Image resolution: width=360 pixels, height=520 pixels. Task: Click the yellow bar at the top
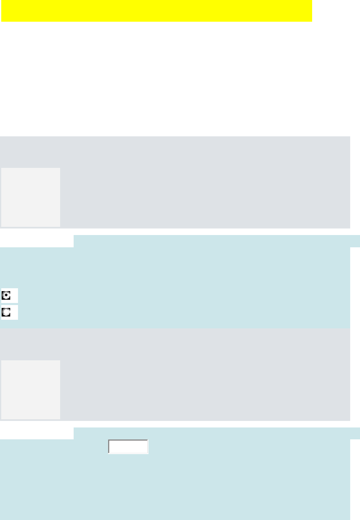pos(157,11)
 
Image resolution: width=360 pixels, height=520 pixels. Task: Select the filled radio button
pos(7,296)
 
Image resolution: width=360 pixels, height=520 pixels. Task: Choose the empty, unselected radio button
pos(7,312)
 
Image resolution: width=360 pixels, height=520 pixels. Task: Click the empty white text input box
pos(128,447)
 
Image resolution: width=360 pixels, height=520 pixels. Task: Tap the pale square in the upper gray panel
pos(31,197)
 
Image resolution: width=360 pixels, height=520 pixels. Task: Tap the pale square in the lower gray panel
pos(31,389)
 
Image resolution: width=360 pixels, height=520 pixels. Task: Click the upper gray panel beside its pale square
pos(205,188)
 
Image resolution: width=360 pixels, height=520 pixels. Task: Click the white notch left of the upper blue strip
pos(37,241)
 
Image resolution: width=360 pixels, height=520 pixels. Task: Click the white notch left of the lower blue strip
pos(37,433)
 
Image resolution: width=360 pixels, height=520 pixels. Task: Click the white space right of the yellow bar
pos(335,11)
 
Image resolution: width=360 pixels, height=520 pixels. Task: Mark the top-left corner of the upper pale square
pos(1,168)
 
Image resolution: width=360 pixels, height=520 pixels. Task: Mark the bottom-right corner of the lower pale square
pos(60,418)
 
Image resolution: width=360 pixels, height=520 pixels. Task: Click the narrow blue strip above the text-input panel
pos(217,433)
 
